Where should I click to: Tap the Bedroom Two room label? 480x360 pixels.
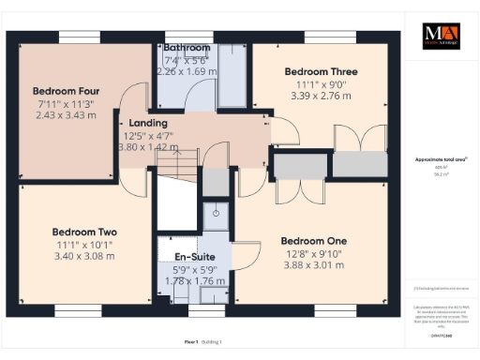pos(84,232)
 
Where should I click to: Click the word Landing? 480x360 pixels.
pos(148,123)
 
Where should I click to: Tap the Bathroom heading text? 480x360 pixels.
pos(186,47)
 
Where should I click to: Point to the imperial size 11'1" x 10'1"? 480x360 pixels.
pos(84,244)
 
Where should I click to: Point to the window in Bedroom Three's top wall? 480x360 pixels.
pos(330,37)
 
